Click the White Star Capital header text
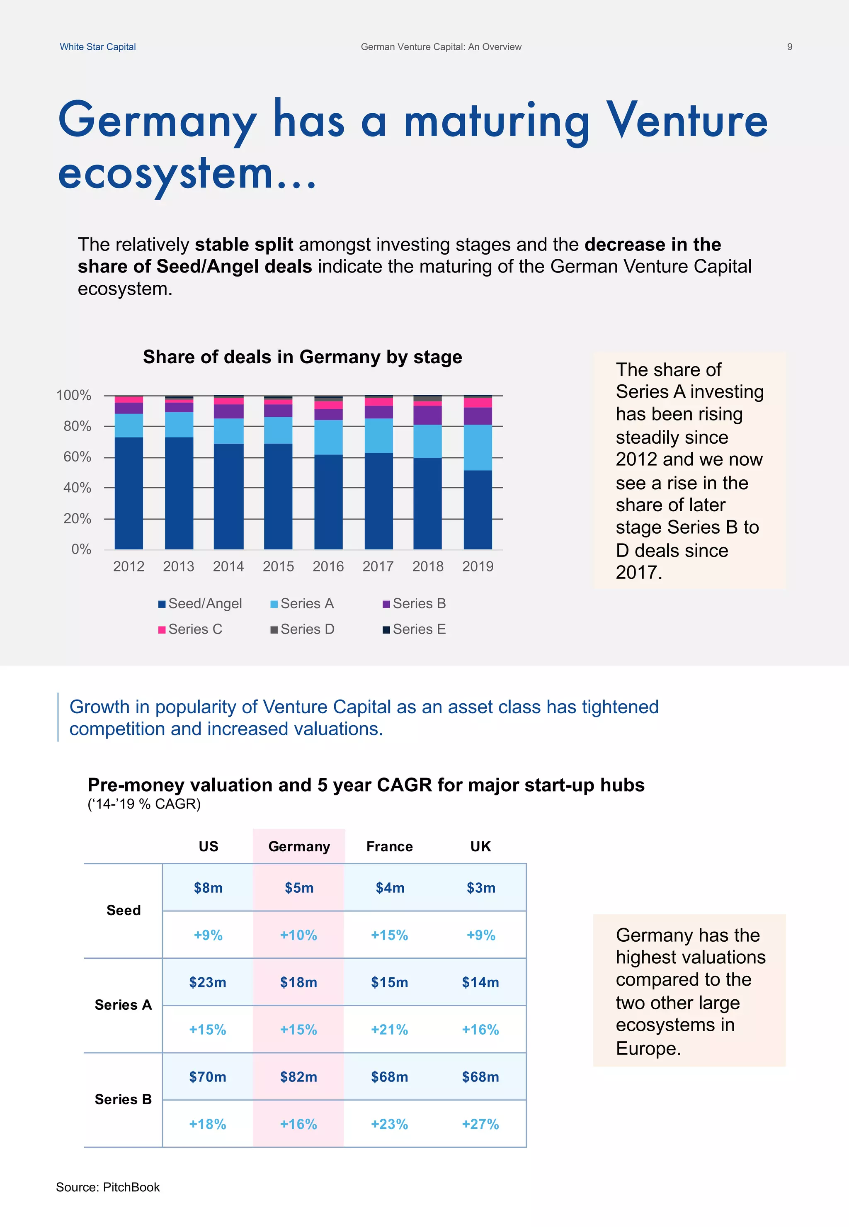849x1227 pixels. click(x=97, y=47)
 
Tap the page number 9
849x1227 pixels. click(x=789, y=47)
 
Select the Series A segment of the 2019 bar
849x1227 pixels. click(x=477, y=447)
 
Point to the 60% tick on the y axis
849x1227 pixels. click(x=78, y=457)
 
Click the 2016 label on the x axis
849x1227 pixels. click(x=328, y=566)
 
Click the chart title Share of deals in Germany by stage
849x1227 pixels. click(x=302, y=357)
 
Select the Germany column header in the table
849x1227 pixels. click(x=299, y=847)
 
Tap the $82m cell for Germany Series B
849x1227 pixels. click(x=298, y=1077)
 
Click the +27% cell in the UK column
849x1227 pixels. click(x=480, y=1124)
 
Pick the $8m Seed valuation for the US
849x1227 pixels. click(x=208, y=887)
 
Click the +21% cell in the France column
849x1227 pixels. click(x=389, y=1030)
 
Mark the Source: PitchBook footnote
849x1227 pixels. click(x=108, y=1187)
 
